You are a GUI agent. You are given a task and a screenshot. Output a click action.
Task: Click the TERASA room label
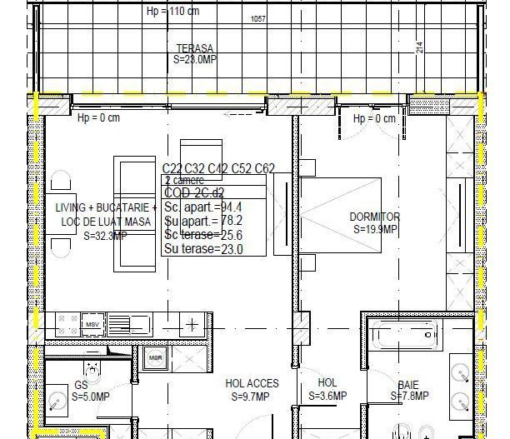coord(194,48)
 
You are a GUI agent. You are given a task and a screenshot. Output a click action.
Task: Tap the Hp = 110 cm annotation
coord(173,12)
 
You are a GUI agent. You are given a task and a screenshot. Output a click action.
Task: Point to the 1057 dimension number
coord(259,19)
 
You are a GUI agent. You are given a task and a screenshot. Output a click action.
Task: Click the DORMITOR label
coord(374,217)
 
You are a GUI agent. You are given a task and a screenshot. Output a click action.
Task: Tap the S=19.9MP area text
coord(374,229)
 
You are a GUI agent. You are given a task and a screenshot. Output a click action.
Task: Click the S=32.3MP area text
coord(106,236)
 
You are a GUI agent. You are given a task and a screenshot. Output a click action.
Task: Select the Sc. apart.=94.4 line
coord(203,207)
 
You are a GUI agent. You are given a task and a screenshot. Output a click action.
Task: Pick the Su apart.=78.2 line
coord(203,221)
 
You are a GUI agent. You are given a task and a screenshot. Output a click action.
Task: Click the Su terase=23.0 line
coord(203,248)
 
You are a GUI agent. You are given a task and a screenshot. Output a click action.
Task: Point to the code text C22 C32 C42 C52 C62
coord(218,168)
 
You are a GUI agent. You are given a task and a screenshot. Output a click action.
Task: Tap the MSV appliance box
coord(92,323)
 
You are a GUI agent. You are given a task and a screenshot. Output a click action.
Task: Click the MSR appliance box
coord(155,358)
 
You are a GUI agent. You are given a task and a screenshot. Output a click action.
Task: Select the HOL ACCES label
coord(252,384)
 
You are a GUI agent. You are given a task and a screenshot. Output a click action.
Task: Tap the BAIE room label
coord(408,385)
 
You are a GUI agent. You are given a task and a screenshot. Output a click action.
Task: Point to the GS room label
coord(81,386)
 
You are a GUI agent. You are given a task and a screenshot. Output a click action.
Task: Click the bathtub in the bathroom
coord(403,337)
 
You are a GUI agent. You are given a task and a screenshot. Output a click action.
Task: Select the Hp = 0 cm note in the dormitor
coord(374,119)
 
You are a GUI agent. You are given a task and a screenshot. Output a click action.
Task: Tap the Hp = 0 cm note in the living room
coord(98,117)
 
